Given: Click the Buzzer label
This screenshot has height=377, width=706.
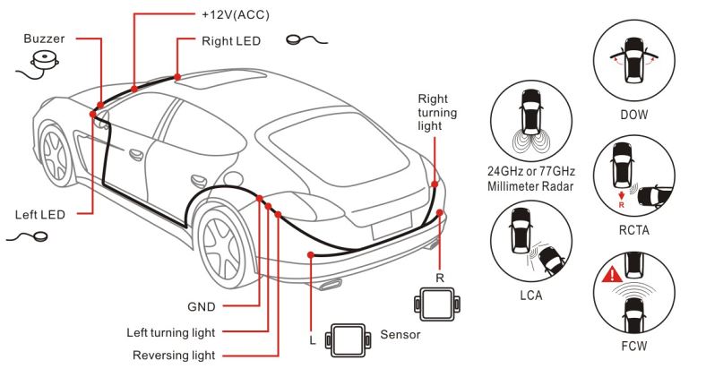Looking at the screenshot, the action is coord(44,39).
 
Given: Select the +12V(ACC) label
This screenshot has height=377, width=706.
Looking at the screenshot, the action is coord(236,15).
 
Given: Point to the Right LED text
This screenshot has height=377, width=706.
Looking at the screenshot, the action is coord(231,41).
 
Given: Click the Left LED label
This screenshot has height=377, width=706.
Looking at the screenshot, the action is coord(40,215).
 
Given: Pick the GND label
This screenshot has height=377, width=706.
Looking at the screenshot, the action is coord(202,307).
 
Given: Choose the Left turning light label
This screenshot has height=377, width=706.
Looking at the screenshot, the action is coord(170,333).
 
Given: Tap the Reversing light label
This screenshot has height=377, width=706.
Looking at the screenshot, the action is coord(174,356).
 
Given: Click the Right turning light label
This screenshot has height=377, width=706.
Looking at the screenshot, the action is coord(437,112).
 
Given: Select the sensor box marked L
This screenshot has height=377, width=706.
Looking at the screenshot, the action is coord(348,340).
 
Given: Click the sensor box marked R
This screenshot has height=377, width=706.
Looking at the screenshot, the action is coord(437,304).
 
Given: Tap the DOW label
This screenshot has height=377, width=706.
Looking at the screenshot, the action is coord(634,115).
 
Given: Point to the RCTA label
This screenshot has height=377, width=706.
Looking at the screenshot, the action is coord(634,230).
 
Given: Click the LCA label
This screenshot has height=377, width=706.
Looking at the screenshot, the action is coord(531,296).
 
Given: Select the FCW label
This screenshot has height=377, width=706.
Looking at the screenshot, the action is coord(634,346).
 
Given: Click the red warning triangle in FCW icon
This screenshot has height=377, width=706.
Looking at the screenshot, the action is coord(612,275).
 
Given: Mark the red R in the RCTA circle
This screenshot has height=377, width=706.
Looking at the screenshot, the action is coord(622,205).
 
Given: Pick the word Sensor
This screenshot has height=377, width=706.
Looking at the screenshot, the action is coord(400,334).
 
